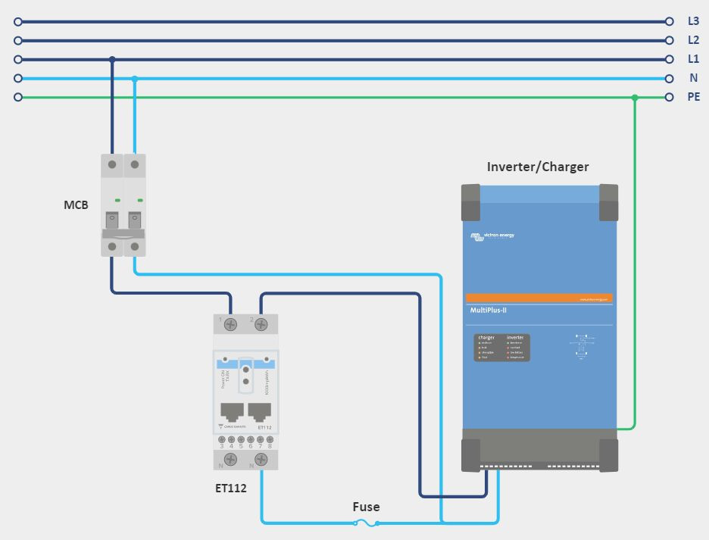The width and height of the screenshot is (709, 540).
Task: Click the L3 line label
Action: click(693, 22)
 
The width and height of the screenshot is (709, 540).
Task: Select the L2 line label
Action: click(693, 40)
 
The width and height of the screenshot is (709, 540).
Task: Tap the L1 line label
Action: click(693, 59)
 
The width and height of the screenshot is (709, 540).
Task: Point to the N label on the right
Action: click(693, 78)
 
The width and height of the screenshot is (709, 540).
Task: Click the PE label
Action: click(693, 97)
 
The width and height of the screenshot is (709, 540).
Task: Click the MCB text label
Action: click(76, 205)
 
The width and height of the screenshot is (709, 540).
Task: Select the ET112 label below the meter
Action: click(230, 488)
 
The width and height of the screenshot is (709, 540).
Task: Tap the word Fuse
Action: click(366, 507)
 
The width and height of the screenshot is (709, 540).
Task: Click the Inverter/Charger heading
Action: click(538, 167)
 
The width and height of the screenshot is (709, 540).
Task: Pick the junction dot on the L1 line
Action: click(112, 59)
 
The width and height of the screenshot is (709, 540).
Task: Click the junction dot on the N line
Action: click(135, 78)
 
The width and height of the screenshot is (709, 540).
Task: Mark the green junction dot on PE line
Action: click(635, 97)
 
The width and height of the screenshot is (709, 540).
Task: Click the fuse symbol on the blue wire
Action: click(367, 523)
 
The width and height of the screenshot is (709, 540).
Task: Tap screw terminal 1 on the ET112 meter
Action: click(231, 325)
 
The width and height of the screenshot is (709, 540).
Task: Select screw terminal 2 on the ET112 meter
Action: click(261, 325)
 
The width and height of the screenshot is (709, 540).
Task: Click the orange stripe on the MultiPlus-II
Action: click(539, 298)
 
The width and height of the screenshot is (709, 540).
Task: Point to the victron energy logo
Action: click(492, 236)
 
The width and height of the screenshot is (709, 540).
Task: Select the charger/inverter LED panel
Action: click(501, 347)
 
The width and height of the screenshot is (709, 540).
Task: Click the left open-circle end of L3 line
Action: click(18, 22)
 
